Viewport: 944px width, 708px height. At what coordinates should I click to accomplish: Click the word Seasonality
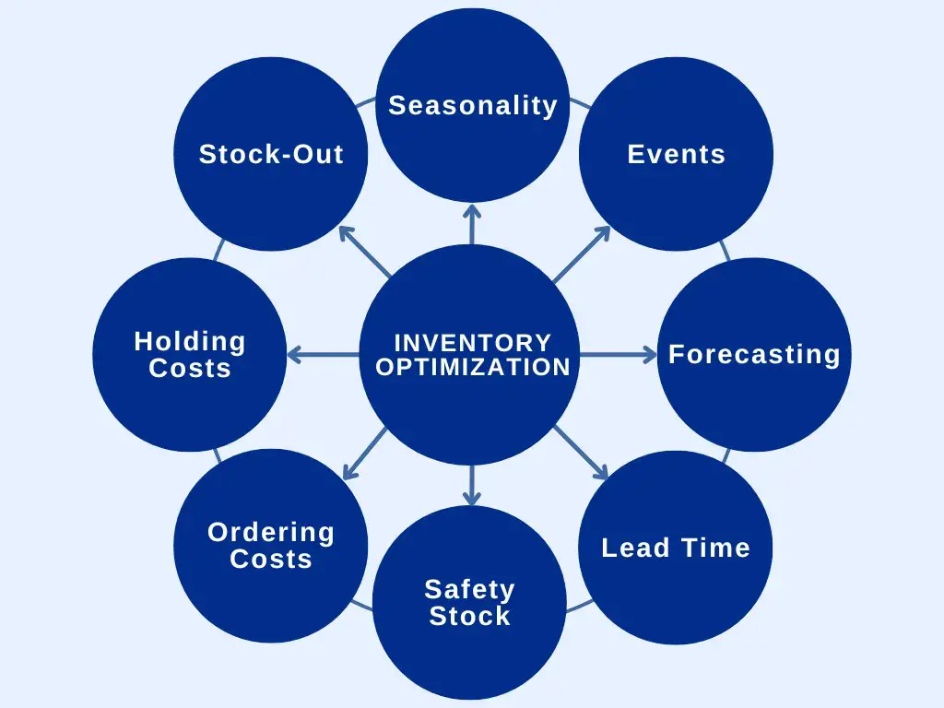pyautogui.click(x=473, y=106)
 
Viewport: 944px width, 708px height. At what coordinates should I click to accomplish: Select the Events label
pyautogui.click(x=676, y=154)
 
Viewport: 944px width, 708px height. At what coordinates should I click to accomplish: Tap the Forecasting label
pyautogui.click(x=754, y=354)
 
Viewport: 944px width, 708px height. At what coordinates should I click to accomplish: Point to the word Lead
pyautogui.click(x=635, y=548)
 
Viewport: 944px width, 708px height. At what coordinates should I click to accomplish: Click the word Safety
pyautogui.click(x=469, y=589)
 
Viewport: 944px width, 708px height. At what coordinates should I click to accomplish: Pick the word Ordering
pyautogui.click(x=271, y=532)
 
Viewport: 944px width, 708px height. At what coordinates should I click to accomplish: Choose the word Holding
pyautogui.click(x=190, y=341)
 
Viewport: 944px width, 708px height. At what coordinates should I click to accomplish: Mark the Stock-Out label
pyautogui.click(x=271, y=154)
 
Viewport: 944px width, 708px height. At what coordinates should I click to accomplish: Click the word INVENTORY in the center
pyautogui.click(x=473, y=343)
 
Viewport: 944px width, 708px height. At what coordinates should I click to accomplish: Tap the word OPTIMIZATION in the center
pyautogui.click(x=473, y=367)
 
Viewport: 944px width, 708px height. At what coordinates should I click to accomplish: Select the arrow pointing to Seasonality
pyautogui.click(x=472, y=224)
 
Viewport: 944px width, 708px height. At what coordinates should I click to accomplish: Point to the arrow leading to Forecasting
pyautogui.click(x=618, y=354)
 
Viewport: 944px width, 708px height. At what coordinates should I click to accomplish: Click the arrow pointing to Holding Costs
pyautogui.click(x=323, y=354)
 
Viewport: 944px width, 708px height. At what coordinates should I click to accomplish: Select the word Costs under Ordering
pyautogui.click(x=271, y=559)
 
